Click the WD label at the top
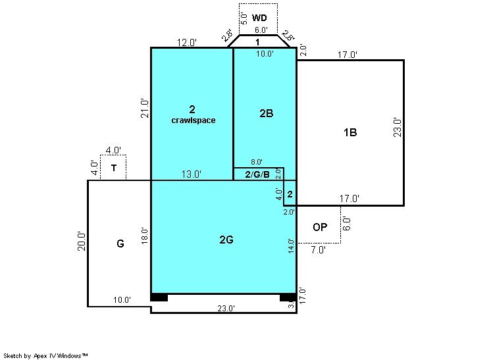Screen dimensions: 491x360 click(x=259, y=18)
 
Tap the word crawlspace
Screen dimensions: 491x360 click(x=194, y=120)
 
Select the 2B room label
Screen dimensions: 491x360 click(x=267, y=113)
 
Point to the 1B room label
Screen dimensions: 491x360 click(x=350, y=132)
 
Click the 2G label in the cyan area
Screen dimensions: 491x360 click(x=226, y=240)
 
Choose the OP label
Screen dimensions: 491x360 click(x=320, y=227)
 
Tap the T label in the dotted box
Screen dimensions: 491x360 click(x=114, y=168)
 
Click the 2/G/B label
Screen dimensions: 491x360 click(x=257, y=174)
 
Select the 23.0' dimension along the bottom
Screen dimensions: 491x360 click(x=226, y=309)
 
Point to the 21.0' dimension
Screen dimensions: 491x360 click(x=144, y=109)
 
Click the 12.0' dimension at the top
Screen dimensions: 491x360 click(x=187, y=42)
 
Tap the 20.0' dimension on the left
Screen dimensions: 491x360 click(x=82, y=241)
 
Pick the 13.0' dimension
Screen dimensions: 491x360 click(x=192, y=174)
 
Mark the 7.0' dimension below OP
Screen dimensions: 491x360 click(x=318, y=250)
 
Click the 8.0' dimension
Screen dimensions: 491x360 click(x=257, y=162)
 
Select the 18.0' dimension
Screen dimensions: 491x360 click(x=144, y=236)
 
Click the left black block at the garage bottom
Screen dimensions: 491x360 click(x=159, y=297)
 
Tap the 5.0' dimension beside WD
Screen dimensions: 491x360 click(x=245, y=18)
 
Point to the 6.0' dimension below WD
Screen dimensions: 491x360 click(x=261, y=30)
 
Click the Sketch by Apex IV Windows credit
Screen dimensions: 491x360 click(x=45, y=355)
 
